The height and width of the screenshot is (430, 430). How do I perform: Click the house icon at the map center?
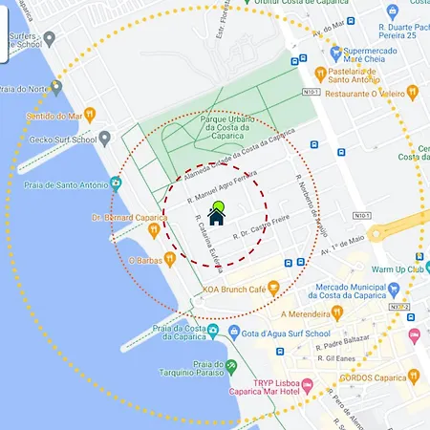(x=217, y=217)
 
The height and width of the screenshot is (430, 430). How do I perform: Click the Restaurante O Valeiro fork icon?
(x=413, y=93)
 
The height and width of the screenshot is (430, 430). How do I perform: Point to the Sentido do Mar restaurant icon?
(x=90, y=115)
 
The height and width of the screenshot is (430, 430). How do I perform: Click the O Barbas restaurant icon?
(x=168, y=258)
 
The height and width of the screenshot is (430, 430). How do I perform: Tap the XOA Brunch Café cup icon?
(x=272, y=287)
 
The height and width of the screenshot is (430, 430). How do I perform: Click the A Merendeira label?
(x=313, y=312)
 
